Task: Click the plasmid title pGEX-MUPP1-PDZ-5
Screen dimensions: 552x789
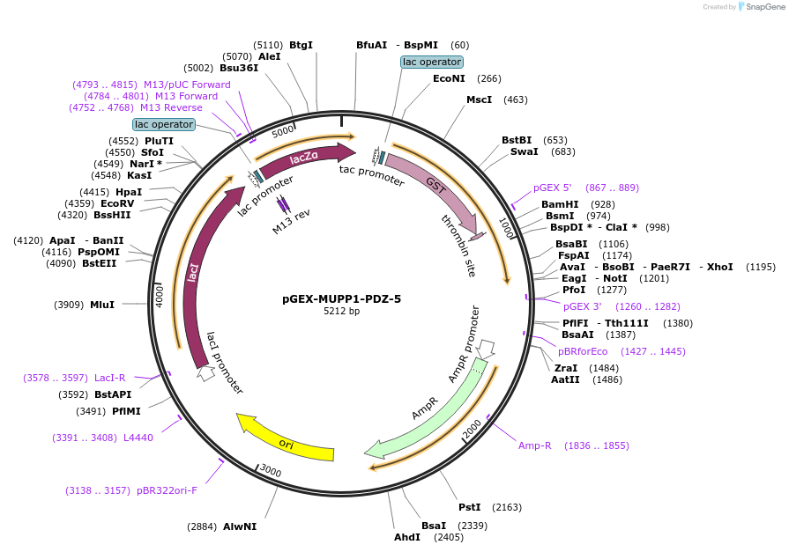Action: point(342,298)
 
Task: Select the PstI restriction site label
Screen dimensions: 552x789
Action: point(469,507)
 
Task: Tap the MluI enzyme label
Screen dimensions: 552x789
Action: point(102,305)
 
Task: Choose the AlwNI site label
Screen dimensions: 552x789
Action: point(240,526)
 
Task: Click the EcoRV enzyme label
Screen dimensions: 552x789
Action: point(116,203)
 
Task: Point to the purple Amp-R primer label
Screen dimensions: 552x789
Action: point(534,445)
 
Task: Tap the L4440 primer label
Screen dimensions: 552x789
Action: point(138,438)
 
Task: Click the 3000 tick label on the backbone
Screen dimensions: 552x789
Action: point(272,472)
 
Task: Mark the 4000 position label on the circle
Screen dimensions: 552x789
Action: point(160,295)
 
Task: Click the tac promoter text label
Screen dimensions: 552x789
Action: point(371,176)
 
